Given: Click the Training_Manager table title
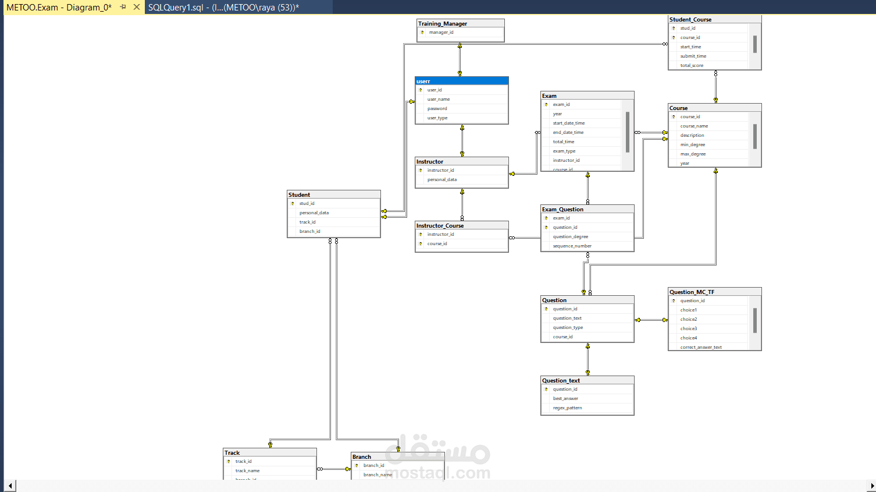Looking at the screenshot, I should tap(443, 24).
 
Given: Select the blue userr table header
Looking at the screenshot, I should tap(461, 81).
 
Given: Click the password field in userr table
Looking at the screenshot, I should tap(437, 109).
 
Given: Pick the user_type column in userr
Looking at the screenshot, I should tap(437, 118).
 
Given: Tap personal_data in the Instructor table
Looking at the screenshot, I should tap(442, 180).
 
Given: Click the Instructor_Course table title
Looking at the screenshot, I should tap(440, 226).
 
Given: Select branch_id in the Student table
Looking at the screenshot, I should tap(310, 232).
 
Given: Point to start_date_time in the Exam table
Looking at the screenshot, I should tap(569, 123).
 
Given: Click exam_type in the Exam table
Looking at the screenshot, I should tap(564, 151).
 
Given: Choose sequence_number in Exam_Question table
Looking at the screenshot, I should tap(572, 246).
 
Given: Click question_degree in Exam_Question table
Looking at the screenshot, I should tap(571, 237).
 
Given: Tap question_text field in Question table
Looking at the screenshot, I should tap(567, 318).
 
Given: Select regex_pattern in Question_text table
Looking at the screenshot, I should tap(567, 408).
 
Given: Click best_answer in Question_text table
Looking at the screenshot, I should tap(565, 399).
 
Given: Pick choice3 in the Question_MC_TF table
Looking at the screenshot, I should tap(689, 329).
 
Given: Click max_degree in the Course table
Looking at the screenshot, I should tap(693, 154).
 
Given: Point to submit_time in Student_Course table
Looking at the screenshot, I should tap(693, 56).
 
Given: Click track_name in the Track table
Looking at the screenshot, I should tap(248, 471).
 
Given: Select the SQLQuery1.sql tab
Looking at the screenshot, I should tap(223, 8).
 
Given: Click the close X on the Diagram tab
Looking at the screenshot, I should tap(137, 7).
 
